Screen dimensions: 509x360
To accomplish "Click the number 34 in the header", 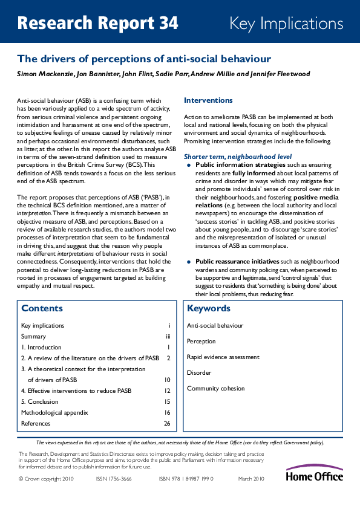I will pos(166,24).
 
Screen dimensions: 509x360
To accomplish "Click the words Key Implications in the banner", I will pos(286,24).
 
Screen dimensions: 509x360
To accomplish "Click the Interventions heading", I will pos(208,100).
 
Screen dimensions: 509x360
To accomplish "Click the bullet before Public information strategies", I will pos(189,164).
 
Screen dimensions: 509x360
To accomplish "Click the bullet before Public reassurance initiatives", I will pos(189,261).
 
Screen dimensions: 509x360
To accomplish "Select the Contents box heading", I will pos(42,308).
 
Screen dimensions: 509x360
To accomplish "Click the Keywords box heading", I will pos(209,308).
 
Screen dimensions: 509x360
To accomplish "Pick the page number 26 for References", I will pos(167,424).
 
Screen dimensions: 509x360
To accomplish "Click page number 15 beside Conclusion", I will pos(167,402).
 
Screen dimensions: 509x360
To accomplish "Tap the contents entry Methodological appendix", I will pos(54,413).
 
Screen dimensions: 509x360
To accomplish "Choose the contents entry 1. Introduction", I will pos(41,348).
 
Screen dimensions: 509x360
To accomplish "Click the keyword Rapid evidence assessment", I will pos(223,357).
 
